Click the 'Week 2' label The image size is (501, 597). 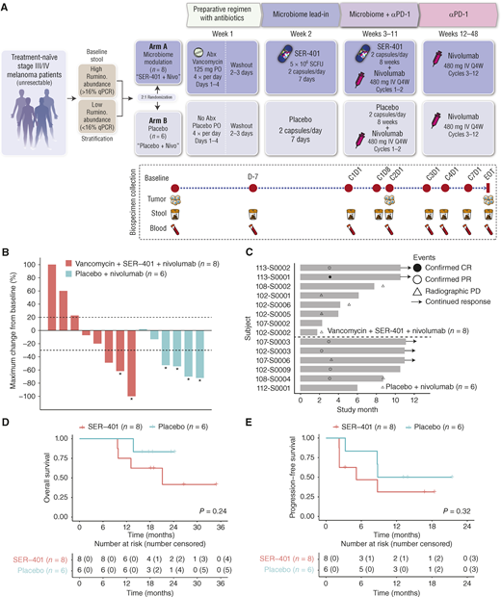tap(307, 41)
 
